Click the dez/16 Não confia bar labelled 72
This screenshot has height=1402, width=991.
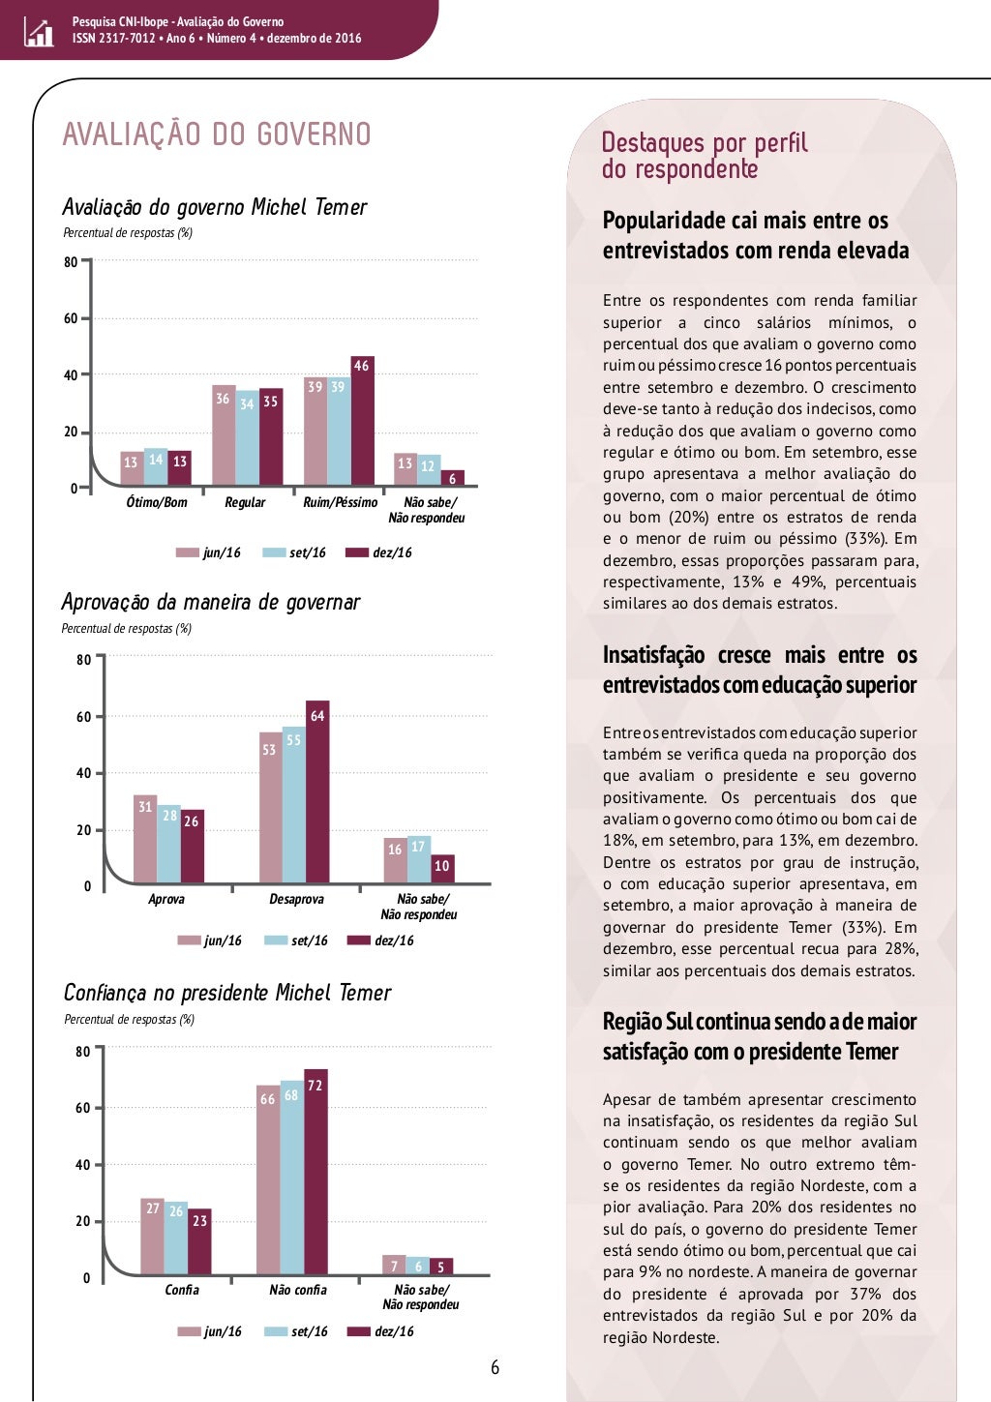tap(315, 1172)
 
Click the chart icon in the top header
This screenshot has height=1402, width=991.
tap(39, 33)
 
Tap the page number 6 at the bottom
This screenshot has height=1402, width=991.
tap(495, 1367)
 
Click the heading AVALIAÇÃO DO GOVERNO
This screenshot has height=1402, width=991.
tap(217, 134)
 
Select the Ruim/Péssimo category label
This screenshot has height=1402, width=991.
tap(340, 502)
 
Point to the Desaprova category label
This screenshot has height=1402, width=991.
tap(296, 899)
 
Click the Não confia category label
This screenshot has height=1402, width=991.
tap(297, 1290)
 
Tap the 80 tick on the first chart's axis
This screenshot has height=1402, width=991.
tap(71, 262)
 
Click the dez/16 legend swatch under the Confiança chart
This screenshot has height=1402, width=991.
tap(359, 1331)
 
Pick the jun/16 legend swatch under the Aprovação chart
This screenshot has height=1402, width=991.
tap(189, 940)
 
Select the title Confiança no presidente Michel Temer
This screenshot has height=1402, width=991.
tap(227, 993)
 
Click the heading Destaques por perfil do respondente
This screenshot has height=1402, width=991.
tap(704, 156)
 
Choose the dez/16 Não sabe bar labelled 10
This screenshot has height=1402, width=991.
tap(442, 869)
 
